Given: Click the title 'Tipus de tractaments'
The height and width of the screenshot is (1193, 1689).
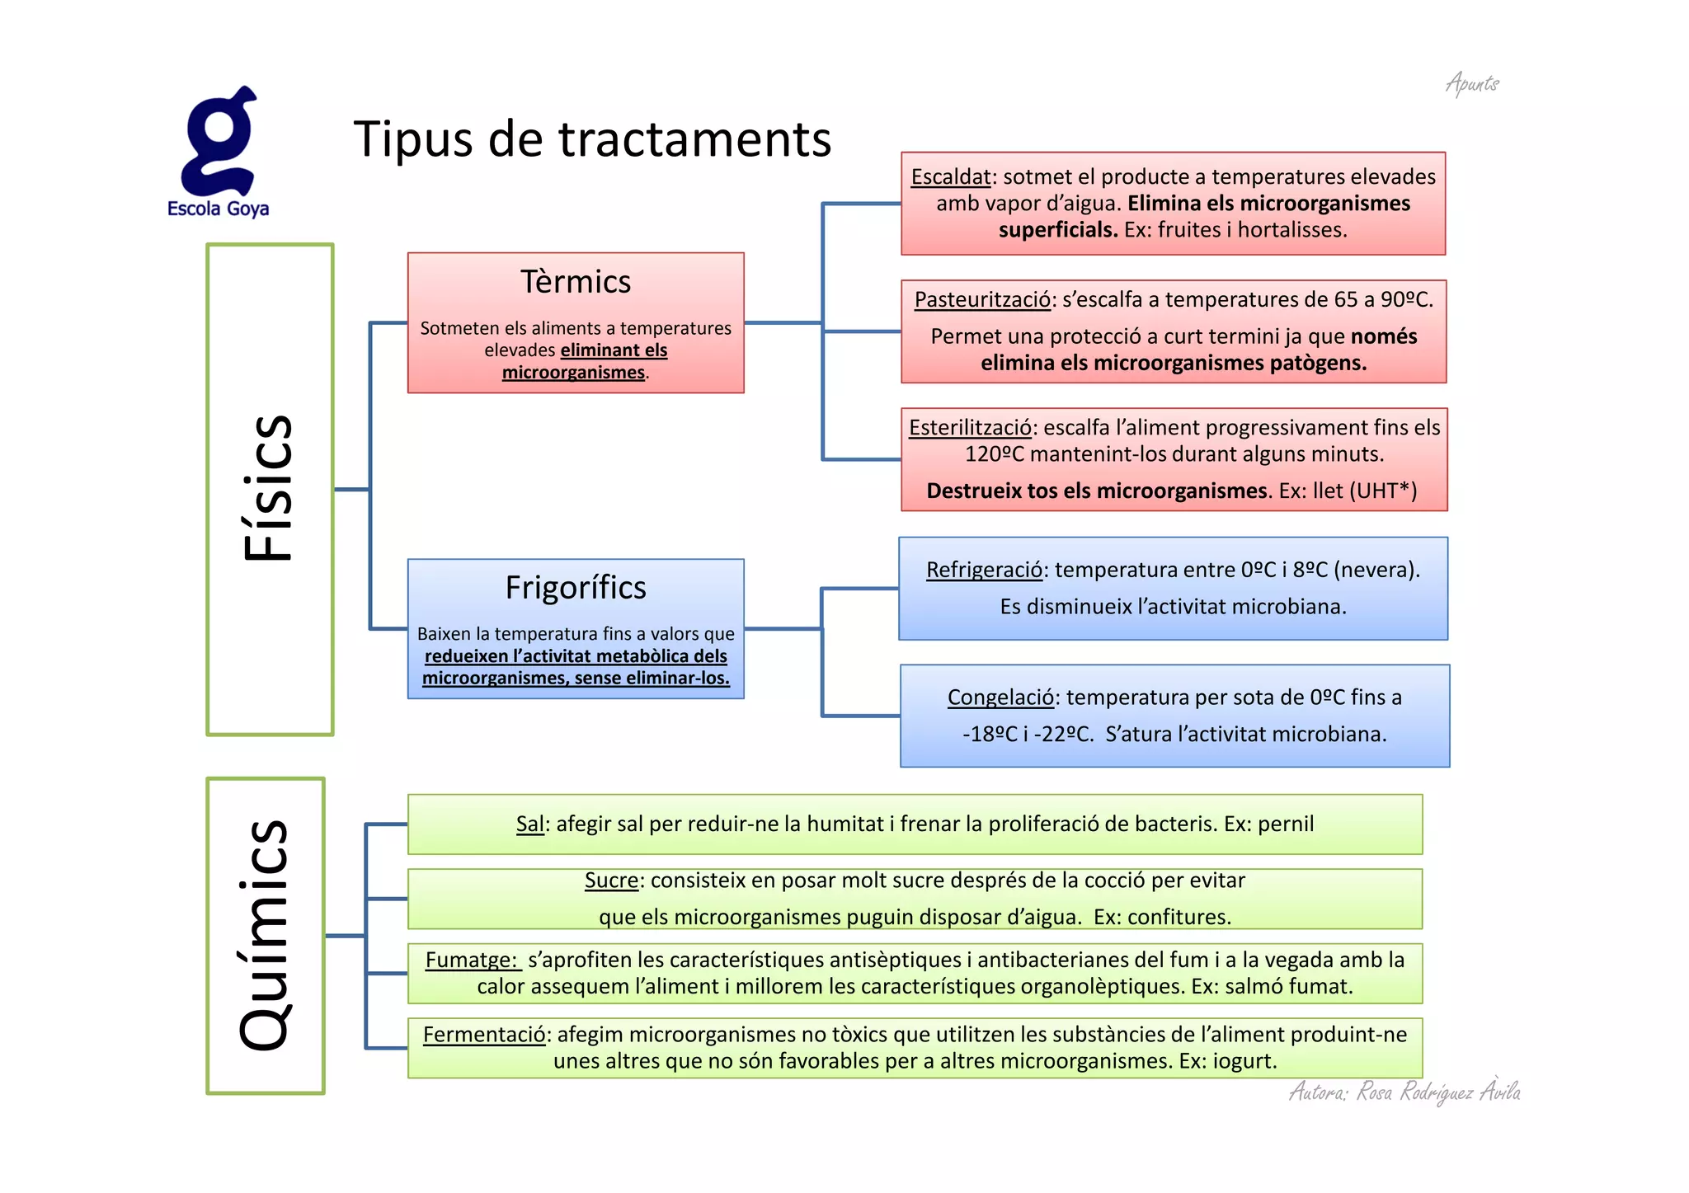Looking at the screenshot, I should tap(592, 139).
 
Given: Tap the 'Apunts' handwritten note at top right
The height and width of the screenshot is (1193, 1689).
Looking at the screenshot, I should tap(1472, 83).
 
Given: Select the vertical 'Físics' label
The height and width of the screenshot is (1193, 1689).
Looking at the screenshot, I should tap(269, 488).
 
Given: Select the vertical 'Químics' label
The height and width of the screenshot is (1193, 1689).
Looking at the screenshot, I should tap(264, 935).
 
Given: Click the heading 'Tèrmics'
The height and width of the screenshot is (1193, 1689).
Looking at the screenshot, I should tap(576, 282).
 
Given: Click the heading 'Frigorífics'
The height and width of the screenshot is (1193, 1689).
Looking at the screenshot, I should tap(576, 588).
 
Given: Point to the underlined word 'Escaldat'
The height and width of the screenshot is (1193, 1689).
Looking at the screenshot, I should tap(950, 176).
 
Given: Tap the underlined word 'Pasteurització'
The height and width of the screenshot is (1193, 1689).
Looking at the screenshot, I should tap(982, 299).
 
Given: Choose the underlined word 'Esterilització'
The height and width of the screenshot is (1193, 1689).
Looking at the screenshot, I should tap(970, 427).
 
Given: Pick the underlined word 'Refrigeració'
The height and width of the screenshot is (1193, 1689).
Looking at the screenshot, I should tap(984, 570).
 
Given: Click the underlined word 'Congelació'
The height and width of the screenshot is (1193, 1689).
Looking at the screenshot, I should tap(1000, 697).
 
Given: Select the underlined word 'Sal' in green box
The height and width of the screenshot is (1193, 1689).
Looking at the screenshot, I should tap(529, 824).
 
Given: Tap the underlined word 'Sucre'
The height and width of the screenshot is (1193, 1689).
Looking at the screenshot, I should tap(611, 881).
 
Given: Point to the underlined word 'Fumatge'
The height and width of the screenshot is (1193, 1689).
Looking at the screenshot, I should tap(470, 960).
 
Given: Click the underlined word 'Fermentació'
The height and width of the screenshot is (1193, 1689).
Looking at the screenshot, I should tap(484, 1035).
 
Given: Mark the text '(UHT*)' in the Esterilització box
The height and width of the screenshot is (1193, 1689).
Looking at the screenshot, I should tap(1382, 491).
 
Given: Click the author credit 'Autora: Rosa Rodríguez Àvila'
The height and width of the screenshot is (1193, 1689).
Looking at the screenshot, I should tap(1404, 1092).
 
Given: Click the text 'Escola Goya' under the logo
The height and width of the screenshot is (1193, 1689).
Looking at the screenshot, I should tap(218, 209).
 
